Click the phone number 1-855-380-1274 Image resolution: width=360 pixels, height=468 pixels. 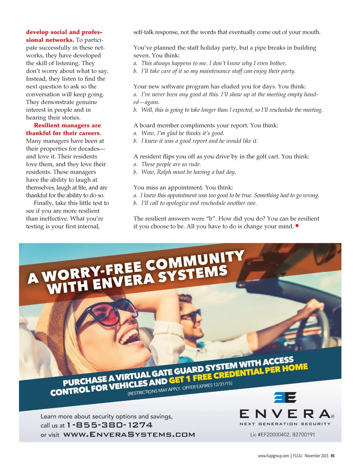[110, 425]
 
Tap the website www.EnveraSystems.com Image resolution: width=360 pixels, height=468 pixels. [129, 435]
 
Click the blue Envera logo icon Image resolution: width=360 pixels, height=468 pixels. [285, 397]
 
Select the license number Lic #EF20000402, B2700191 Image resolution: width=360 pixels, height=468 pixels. [282, 435]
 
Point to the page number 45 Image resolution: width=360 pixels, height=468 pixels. [333, 456]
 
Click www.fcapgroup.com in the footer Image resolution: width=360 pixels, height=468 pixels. [273, 456]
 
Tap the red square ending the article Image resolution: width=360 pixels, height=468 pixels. [297, 226]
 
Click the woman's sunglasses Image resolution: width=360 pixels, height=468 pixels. [105, 310]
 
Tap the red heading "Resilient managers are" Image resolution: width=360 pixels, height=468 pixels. [67, 125]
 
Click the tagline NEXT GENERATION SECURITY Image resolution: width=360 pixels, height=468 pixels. [285, 424]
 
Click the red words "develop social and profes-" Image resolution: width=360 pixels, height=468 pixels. [64, 32]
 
